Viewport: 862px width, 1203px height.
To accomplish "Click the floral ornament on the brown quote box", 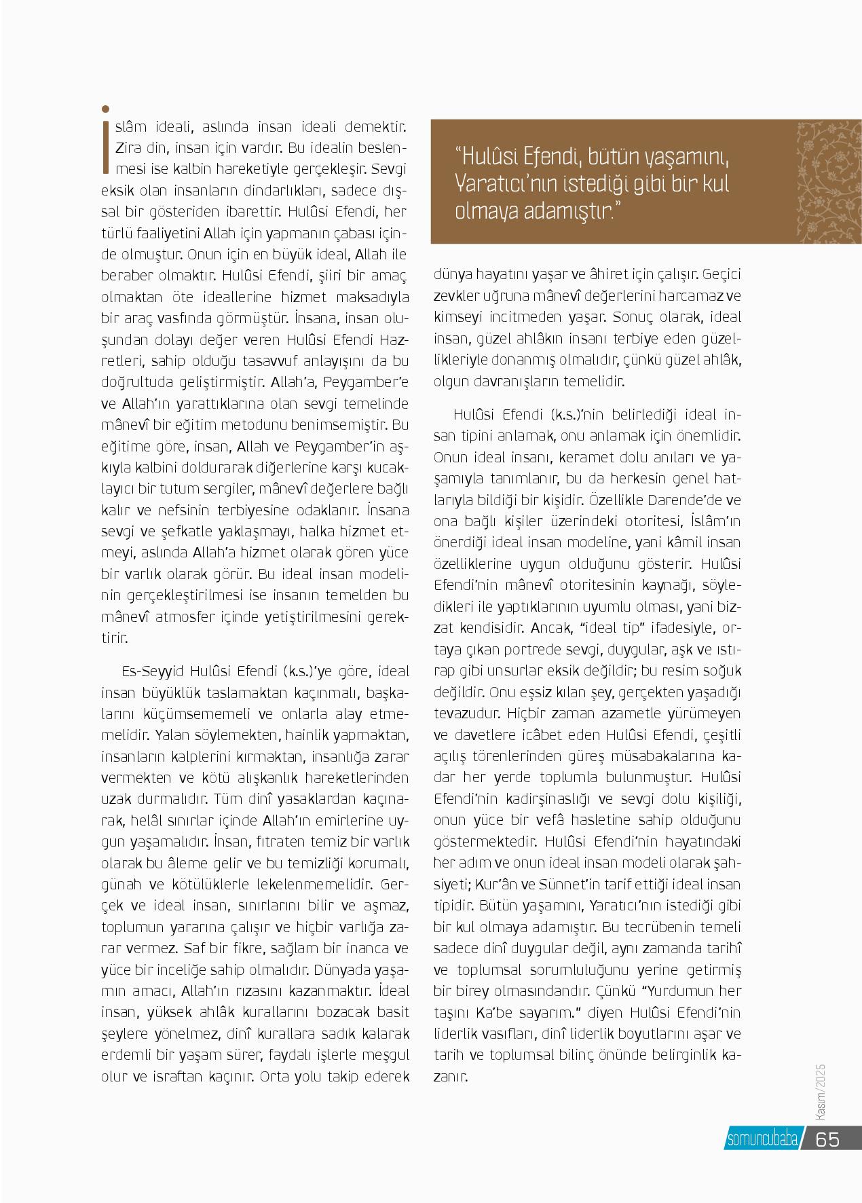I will (827, 182).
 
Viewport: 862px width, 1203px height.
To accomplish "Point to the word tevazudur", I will (468, 714).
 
